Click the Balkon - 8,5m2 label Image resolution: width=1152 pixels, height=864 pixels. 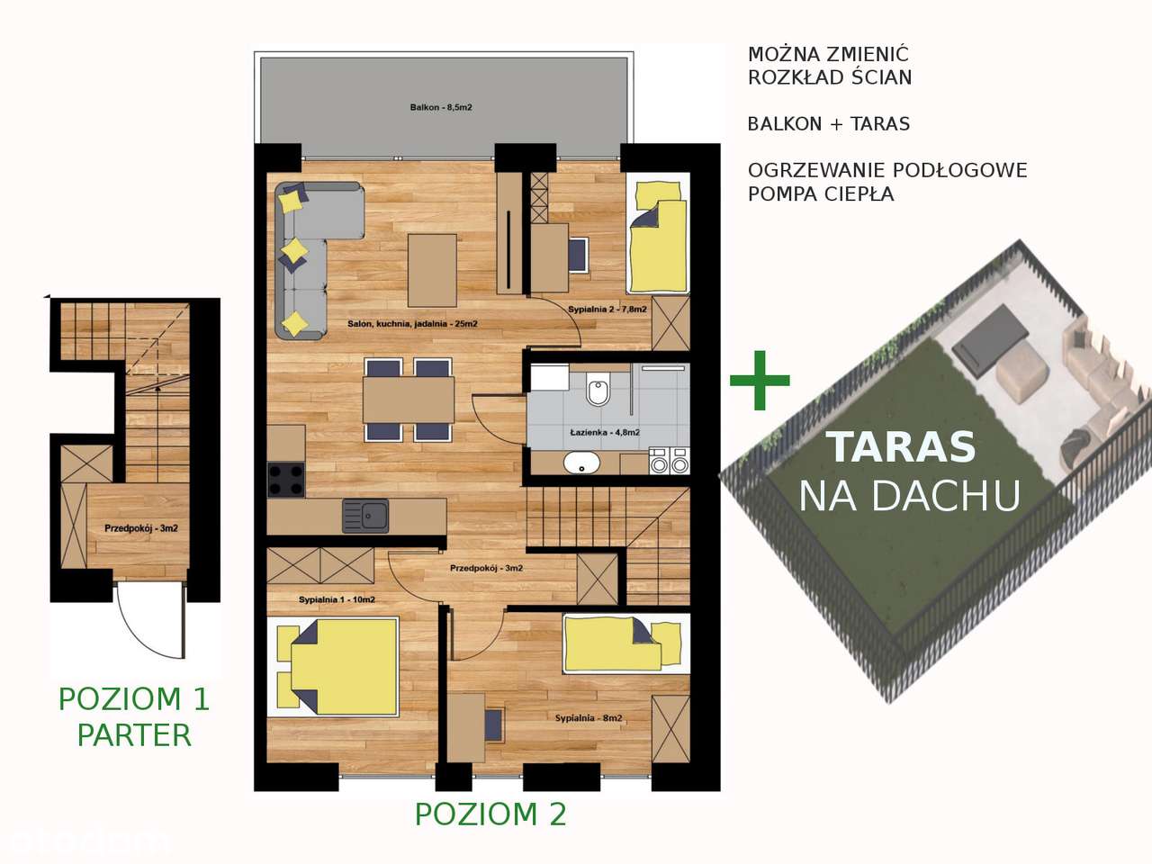(441, 108)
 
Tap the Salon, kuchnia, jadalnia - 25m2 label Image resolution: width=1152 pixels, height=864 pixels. (412, 324)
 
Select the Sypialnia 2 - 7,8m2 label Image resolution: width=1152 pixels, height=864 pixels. (607, 310)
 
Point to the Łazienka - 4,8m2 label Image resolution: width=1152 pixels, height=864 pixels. (605, 433)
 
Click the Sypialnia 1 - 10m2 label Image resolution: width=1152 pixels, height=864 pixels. (337, 600)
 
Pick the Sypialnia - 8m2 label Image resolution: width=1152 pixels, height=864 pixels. (589, 718)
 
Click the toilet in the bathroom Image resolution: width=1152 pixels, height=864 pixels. (598, 392)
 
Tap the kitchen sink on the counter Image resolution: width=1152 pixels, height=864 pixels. (365, 516)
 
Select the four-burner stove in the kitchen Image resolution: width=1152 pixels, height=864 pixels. (286, 479)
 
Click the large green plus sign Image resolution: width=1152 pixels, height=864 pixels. (760, 380)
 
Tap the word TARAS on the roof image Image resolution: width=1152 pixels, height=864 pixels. (901, 447)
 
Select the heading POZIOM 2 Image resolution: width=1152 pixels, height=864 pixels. (490, 814)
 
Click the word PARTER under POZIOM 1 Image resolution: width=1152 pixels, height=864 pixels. (134, 735)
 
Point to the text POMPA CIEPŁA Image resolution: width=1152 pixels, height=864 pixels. (821, 194)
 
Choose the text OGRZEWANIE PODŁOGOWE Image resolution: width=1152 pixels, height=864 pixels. (887, 171)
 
